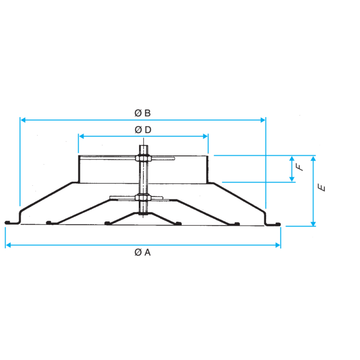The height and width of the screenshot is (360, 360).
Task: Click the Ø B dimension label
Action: pos(142,113)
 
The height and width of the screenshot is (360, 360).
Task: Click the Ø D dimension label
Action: pos(143,130)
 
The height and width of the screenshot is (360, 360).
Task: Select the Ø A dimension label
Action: pos(142,252)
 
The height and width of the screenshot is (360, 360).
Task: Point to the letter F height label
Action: pos(299,167)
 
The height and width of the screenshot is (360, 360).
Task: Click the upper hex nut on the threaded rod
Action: pos(143,158)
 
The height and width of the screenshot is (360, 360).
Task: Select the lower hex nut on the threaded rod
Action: pos(143,197)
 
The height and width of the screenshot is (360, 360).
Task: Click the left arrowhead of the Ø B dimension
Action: pos(23,120)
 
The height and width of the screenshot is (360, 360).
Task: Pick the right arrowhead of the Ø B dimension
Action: pos(263,120)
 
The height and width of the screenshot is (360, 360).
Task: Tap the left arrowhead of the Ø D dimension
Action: pos(81,136)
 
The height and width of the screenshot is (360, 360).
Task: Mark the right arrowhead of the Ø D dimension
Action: pos(206,136)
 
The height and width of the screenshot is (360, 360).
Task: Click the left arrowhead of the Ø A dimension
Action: pos(8,245)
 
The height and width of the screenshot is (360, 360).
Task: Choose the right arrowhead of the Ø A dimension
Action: pos(278,245)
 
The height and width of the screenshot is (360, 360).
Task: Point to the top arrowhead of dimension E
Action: pos(313,158)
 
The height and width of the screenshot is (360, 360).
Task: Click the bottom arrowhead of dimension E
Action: pos(313,224)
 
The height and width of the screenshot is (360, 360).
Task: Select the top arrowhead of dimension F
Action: pos(292,158)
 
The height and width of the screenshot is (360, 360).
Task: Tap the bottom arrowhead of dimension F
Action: pos(292,179)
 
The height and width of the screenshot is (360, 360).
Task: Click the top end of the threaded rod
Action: pos(144,145)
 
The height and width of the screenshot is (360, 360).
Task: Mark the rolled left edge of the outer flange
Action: pos(7,222)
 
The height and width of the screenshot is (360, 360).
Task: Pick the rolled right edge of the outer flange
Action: pos(278,224)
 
